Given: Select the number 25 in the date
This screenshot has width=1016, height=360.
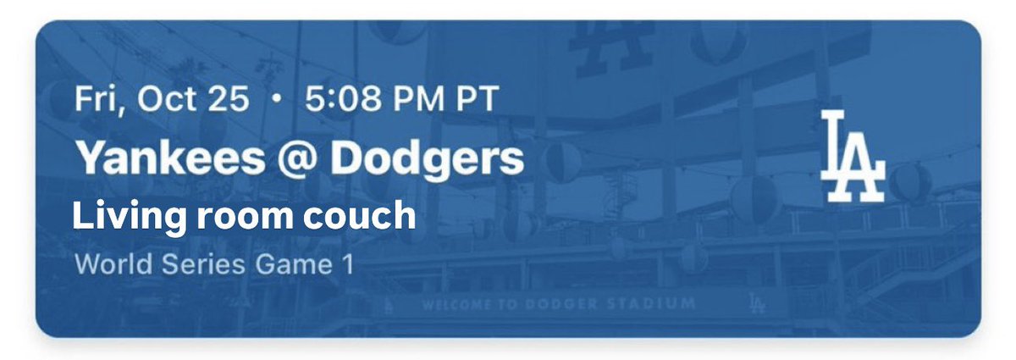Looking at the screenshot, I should [x=229, y=101].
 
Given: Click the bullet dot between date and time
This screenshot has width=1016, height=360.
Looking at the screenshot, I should [x=276, y=102].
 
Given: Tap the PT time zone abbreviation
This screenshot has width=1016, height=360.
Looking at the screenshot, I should [x=475, y=101].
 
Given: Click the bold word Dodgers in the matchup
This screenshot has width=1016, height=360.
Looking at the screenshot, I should [x=427, y=158].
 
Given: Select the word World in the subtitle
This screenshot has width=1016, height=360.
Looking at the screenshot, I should [x=107, y=264].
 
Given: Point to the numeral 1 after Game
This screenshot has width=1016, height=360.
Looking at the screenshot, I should [x=346, y=264].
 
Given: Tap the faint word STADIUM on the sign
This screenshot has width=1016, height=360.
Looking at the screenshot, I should [x=660, y=303].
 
